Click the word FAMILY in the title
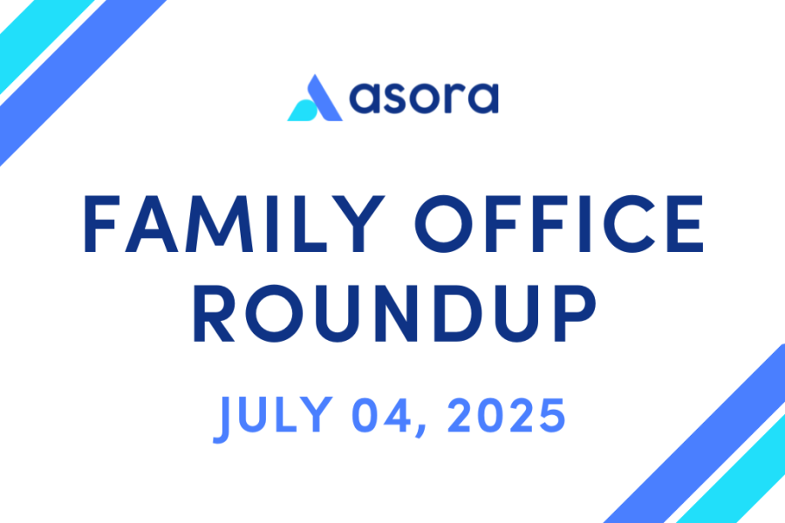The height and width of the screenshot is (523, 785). tap(235, 223)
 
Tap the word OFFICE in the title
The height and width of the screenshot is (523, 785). tap(559, 223)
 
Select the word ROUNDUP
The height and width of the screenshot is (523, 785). tap(394, 313)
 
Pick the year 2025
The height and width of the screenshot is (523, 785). tap(507, 416)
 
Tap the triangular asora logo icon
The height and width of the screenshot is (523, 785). tap(315, 98)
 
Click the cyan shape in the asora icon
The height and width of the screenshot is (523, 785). tap(302, 111)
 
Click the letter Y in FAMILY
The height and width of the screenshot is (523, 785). tap(358, 224)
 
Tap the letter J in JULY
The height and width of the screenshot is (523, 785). tap(222, 419)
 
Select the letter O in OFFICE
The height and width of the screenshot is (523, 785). tap(443, 224)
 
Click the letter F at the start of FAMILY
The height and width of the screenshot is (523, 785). tap(102, 224)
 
